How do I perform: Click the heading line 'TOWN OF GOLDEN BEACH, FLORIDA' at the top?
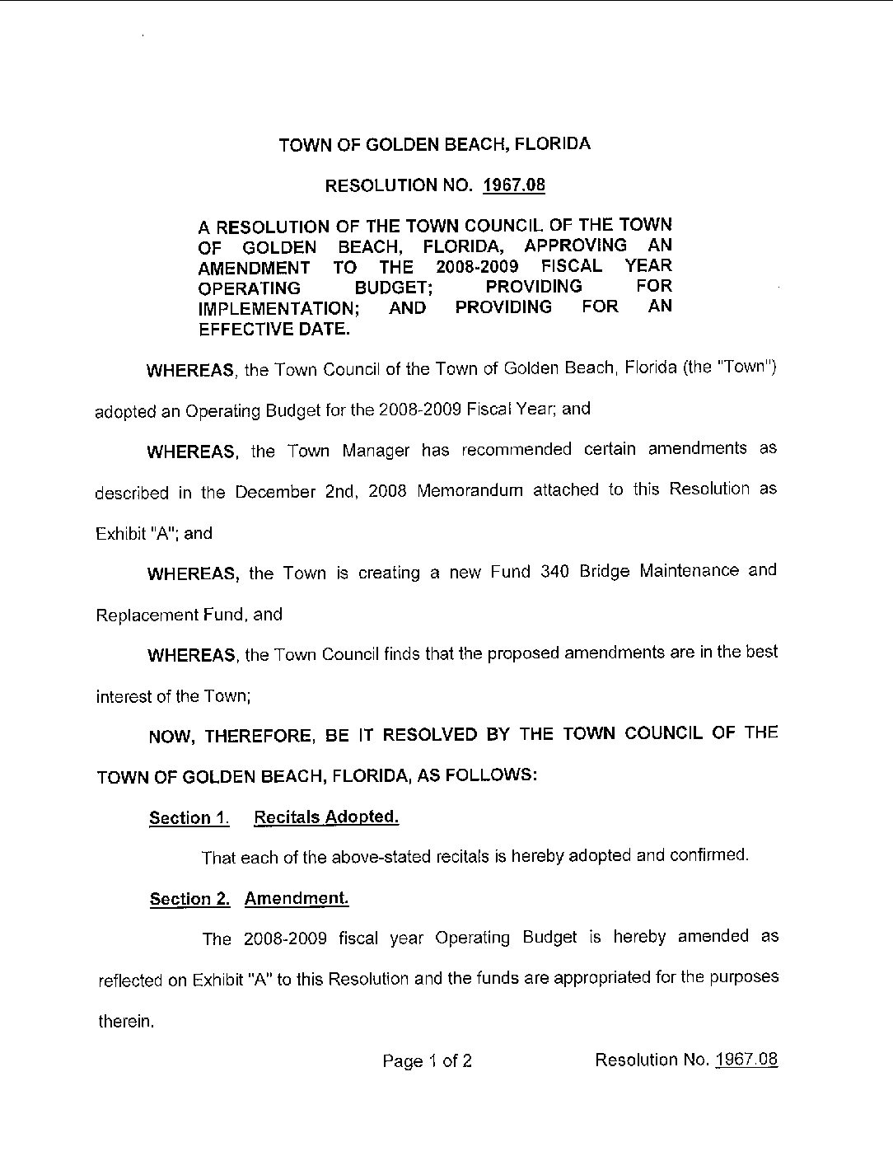click(434, 144)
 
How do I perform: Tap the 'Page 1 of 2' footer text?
click(427, 1060)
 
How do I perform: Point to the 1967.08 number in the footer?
click(746, 1060)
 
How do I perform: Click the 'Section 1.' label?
click(189, 818)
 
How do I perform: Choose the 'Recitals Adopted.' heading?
click(326, 817)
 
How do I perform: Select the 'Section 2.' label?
click(189, 899)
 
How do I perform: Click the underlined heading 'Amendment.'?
click(297, 898)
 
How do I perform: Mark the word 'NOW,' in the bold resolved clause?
click(171, 737)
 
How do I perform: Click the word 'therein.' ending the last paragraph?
click(126, 1022)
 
